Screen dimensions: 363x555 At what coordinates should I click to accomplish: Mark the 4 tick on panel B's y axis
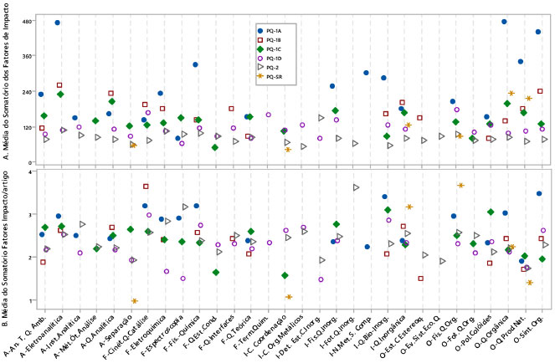29,171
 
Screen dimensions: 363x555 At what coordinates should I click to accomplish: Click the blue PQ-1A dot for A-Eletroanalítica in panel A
58,23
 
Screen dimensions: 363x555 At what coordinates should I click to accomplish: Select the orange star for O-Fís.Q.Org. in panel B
461,185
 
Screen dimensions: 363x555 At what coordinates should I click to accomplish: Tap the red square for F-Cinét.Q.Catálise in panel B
146,187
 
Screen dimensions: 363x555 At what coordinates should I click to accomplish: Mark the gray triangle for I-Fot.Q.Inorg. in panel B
356,187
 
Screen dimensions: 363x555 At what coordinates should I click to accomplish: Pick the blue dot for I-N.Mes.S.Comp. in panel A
367,73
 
